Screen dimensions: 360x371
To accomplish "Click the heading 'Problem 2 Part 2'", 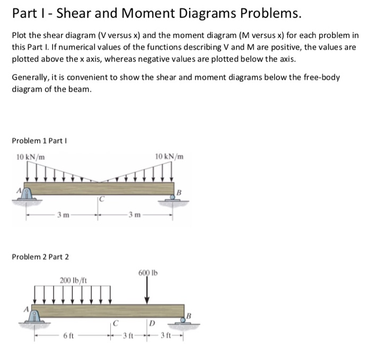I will click(40, 257).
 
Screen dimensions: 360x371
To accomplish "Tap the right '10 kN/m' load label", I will click(170, 157).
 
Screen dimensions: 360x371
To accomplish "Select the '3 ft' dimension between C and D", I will click(130, 336).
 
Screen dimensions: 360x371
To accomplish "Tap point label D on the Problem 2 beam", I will click(152, 323).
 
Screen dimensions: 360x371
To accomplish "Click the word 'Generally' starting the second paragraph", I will click(30, 78).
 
